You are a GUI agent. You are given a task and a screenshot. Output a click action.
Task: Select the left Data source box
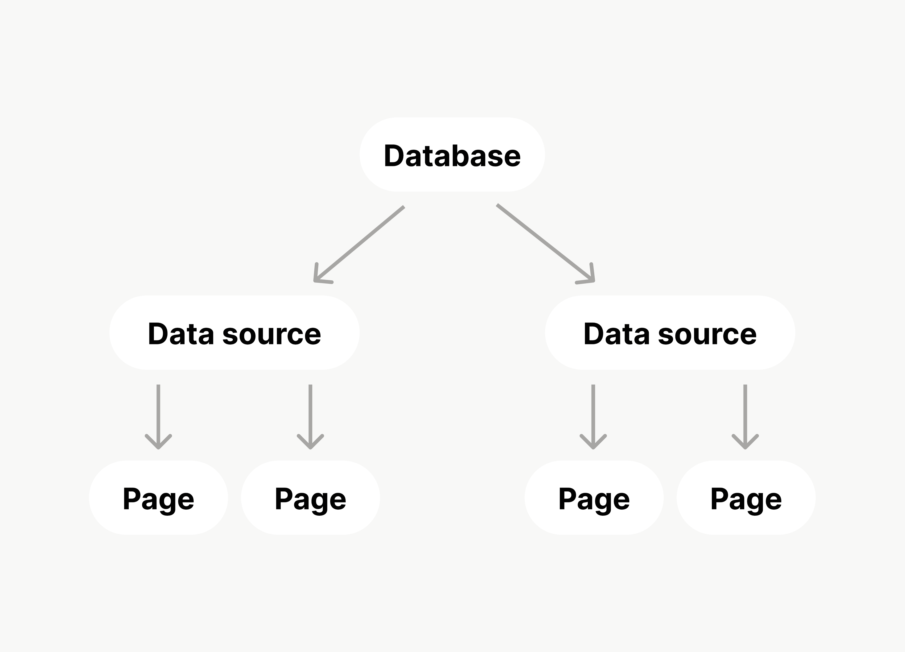click(x=234, y=332)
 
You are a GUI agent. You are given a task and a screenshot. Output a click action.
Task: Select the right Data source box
click(x=670, y=332)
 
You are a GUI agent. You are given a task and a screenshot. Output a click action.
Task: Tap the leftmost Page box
click(x=158, y=498)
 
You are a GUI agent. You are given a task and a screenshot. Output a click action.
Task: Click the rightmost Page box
click(x=746, y=498)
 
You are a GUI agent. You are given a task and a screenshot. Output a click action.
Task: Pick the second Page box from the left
click(x=310, y=498)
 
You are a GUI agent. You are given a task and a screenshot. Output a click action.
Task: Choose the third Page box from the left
click(x=594, y=498)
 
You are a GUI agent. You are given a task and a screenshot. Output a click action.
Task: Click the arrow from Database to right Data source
click(x=545, y=242)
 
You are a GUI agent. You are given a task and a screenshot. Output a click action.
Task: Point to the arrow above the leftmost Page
click(x=158, y=415)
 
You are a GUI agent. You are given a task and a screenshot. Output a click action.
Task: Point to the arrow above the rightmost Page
click(x=745, y=415)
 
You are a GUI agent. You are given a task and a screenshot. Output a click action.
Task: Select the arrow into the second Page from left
click(x=310, y=415)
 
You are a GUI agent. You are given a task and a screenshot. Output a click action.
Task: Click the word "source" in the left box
click(x=271, y=335)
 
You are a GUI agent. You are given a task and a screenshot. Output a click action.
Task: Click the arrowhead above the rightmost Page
click(x=745, y=443)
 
